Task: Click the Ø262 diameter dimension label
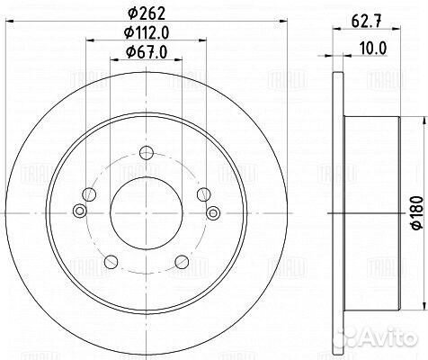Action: [x=147, y=13]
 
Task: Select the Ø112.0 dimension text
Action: [x=147, y=32]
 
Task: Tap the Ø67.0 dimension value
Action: [x=147, y=52]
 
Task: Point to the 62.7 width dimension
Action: [x=367, y=22]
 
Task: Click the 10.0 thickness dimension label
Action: [x=373, y=49]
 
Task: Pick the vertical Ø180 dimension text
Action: [x=418, y=213]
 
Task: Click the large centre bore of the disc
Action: [x=147, y=213]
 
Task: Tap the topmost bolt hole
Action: [x=147, y=153]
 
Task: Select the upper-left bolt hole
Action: [x=89, y=194]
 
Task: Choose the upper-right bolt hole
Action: [x=204, y=194]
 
